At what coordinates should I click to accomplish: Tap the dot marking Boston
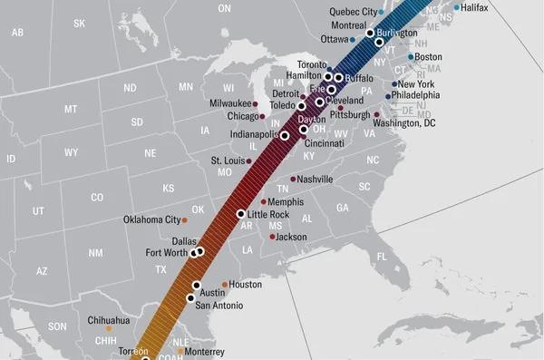coord(411,57)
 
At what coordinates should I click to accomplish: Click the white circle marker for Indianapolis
coord(285,135)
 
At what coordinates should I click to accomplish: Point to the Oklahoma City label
coord(151,219)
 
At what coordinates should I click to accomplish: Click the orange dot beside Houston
coord(225,285)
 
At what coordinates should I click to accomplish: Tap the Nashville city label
coord(315,180)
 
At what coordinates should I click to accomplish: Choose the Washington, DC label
coord(404,122)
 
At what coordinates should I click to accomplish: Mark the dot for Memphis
coord(264,201)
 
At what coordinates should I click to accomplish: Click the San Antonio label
coord(221,306)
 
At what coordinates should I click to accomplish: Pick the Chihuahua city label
coord(109,320)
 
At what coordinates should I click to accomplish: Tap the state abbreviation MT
coord(71,109)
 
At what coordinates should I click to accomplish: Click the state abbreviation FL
coord(381,258)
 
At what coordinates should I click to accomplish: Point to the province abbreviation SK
coord(79,23)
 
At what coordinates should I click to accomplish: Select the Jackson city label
coord(292,237)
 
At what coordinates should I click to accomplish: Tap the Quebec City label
coord(352,11)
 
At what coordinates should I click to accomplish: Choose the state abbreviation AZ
coord(42,271)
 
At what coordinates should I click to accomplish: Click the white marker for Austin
coord(196,285)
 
